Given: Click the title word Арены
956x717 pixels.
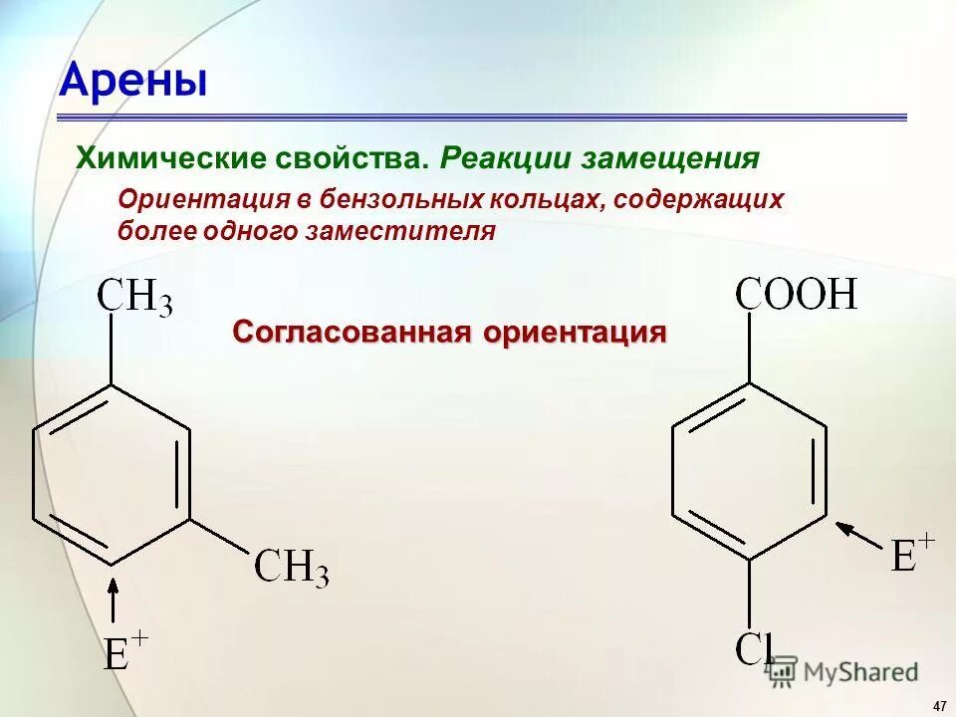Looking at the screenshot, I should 133,81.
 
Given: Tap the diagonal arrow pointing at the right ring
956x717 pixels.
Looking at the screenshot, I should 858,535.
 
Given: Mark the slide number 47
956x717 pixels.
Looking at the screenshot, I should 939,705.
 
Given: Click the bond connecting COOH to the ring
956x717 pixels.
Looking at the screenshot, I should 749,349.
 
